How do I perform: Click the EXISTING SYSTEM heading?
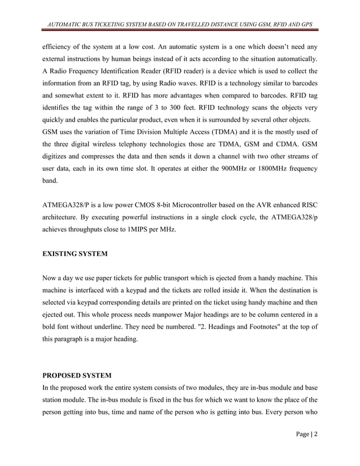pos(75,253)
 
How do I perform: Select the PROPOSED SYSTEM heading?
pos(77,375)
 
